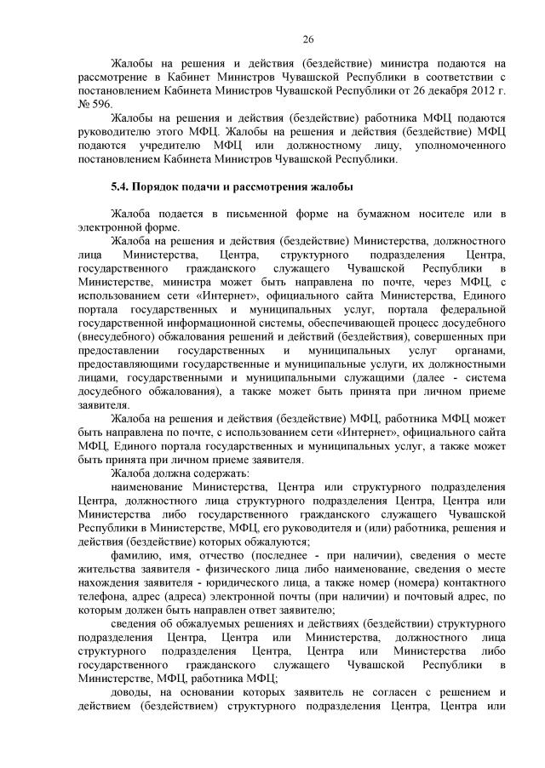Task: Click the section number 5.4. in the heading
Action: tap(124, 186)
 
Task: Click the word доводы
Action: tap(131, 693)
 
